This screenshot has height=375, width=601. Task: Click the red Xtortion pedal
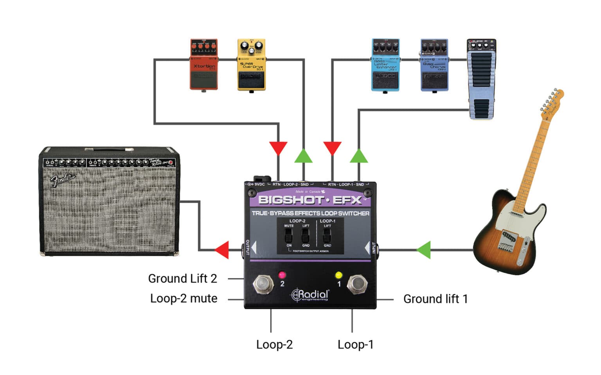pos(203,64)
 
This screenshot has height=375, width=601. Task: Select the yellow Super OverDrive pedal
pos(251,65)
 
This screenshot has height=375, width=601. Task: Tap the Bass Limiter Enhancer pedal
pos(385,65)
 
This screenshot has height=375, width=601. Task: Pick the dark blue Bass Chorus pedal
pos(434,65)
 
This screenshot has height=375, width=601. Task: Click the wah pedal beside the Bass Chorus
pos(481,78)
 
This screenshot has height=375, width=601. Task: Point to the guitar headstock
pos(552,102)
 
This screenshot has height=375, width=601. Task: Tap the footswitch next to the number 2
pos(263,284)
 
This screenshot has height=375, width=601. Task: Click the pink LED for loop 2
pos(282,275)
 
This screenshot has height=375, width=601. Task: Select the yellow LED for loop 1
pos(339,275)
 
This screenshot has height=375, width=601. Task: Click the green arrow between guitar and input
pos(424,250)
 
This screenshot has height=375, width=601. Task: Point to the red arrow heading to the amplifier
pos(222,250)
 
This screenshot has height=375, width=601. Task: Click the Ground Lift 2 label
pos(182,279)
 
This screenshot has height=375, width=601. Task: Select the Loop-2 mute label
pos(184,298)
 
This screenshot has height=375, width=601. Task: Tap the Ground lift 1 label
pos(435,299)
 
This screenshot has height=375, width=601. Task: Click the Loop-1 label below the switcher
pos(355,345)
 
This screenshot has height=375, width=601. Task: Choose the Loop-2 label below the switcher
pos(274,345)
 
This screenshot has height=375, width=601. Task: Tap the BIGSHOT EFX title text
pos(310,200)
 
